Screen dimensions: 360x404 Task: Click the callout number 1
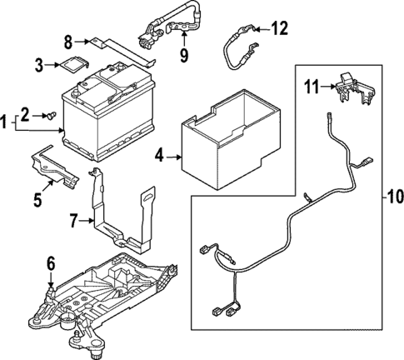coord(6,122)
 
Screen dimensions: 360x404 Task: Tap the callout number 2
coord(24,113)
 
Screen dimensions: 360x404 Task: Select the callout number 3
coord(39,64)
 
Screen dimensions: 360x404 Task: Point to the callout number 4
coord(159,156)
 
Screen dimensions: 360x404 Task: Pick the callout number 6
coord(51,263)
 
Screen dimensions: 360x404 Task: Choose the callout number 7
coord(72,222)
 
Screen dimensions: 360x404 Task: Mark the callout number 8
coord(69,38)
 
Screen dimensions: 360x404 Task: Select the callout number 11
coord(310,84)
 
